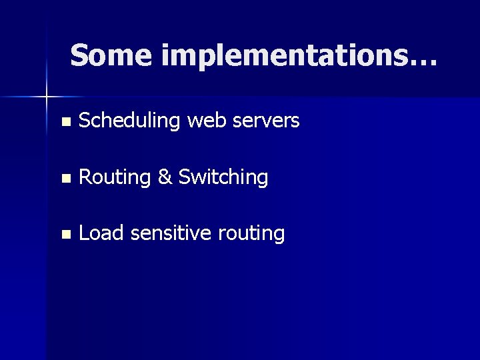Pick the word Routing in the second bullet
pyautogui.click(x=115, y=178)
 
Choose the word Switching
pyautogui.click(x=223, y=178)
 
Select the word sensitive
pyautogui.click(x=171, y=233)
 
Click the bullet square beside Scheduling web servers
pyautogui.click(x=65, y=122)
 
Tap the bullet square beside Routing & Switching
pyautogui.click(x=65, y=178)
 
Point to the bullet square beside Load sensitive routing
pyautogui.click(x=65, y=234)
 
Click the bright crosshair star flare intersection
pyautogui.click(x=47, y=97)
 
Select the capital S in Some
pyautogui.click(x=79, y=55)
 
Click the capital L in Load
pyautogui.click(x=84, y=233)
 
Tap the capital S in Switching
pyautogui.click(x=185, y=177)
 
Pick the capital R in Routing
pyautogui.click(x=85, y=177)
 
